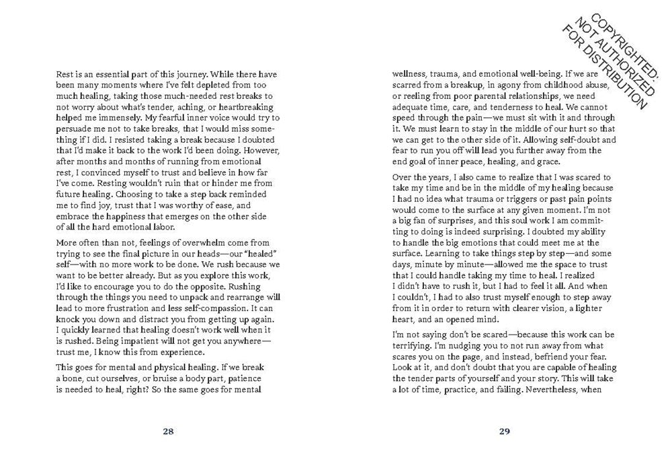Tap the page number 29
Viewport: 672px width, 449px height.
(x=505, y=431)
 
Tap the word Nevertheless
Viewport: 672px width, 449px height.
(x=539, y=398)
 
